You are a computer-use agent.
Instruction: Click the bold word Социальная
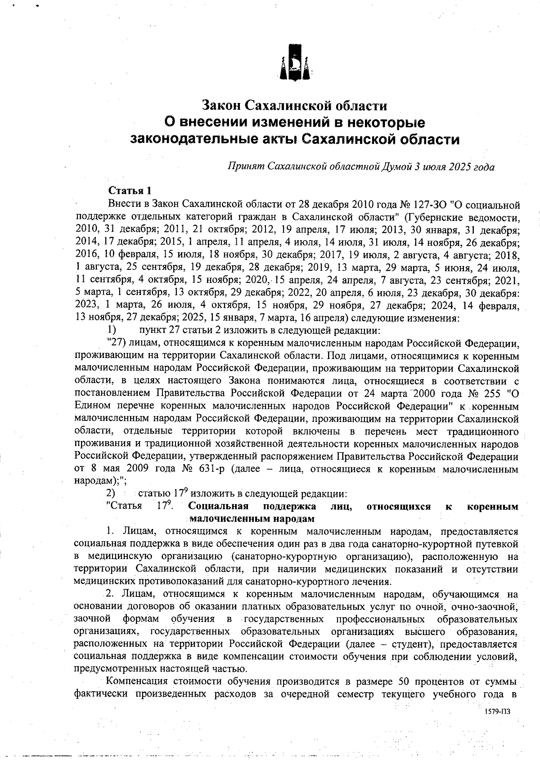219,506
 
